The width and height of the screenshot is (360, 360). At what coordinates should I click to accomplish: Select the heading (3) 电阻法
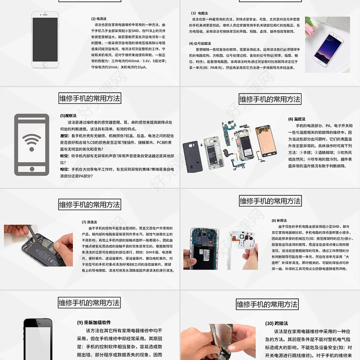[x=200, y=13]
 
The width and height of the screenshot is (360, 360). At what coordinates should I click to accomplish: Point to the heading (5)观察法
[x=69, y=116]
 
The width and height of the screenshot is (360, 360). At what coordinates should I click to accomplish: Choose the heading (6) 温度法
[x=297, y=119]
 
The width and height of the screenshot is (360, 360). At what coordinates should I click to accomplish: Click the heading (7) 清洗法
[x=89, y=222]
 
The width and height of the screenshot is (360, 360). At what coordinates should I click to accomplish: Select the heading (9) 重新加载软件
[x=94, y=322]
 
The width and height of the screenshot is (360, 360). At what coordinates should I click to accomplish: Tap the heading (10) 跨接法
[x=276, y=323]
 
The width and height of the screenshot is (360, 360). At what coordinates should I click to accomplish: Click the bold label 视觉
[x=64, y=135]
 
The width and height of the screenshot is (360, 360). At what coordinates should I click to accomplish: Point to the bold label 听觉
[x=64, y=156]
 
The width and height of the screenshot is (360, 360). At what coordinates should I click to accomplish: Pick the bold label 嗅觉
[x=64, y=169]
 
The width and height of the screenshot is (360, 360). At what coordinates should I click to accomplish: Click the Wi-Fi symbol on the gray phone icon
[x=31, y=144]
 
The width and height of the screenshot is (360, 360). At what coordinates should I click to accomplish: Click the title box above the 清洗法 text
[x=90, y=205]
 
